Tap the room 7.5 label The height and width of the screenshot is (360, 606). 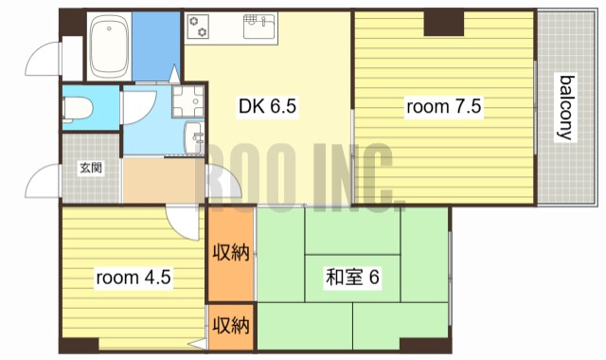coord(444,106)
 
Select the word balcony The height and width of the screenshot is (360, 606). coord(565,106)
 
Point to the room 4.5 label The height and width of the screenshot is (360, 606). coord(133,279)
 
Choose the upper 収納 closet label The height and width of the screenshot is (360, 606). coord(230,253)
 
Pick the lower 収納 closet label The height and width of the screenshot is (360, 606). coord(230,326)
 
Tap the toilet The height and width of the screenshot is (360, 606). coord(76,108)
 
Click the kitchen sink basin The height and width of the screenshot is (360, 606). coord(258,27)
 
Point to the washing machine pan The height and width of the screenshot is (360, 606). coord(188,99)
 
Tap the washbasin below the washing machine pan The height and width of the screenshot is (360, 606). coord(195,137)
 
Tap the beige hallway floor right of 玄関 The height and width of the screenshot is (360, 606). coord(161,179)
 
